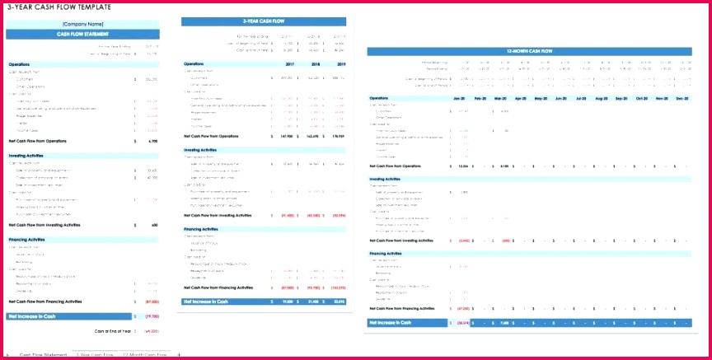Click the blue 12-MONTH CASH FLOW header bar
coord(528,51)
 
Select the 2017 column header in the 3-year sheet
coord(288,63)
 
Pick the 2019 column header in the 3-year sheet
coord(339,63)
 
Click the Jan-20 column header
coord(459,98)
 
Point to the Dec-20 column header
coord(681,98)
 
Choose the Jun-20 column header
coord(561,98)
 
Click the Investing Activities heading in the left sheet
coord(27,154)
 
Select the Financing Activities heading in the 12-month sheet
coord(386,253)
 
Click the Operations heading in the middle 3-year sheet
coord(194,63)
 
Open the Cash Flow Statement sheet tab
coord(44,354)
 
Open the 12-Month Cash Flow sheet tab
coord(144,354)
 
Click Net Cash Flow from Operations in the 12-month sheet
coord(399,166)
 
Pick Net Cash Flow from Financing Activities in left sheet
coord(44,302)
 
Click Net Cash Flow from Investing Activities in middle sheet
coord(218,215)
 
